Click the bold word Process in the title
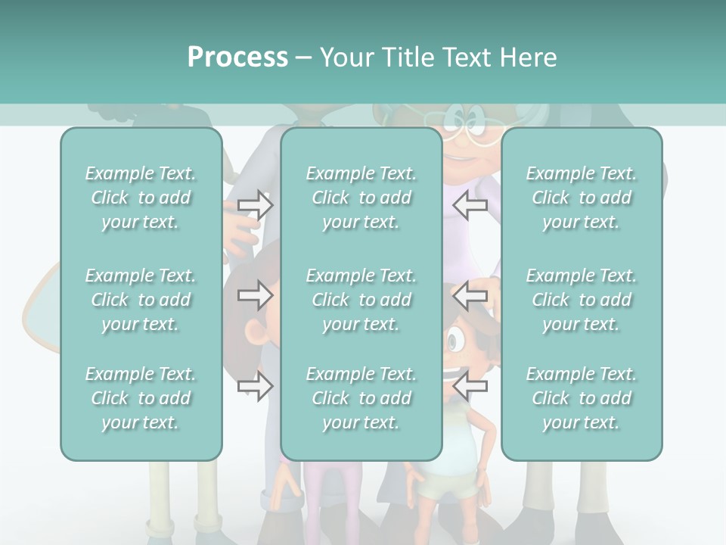click(237, 58)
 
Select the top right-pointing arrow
click(256, 205)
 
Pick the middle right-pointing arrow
click(256, 295)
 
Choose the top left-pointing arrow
click(470, 205)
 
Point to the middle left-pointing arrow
click(470, 295)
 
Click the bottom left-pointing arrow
click(470, 386)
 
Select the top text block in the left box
click(141, 198)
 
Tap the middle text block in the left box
click(141, 300)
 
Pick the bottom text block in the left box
click(141, 398)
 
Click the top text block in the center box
click(361, 198)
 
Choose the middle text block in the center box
click(361, 300)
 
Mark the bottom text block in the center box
click(361, 398)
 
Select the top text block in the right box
click(582, 198)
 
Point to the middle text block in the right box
click(582, 300)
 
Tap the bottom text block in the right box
click(582, 398)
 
